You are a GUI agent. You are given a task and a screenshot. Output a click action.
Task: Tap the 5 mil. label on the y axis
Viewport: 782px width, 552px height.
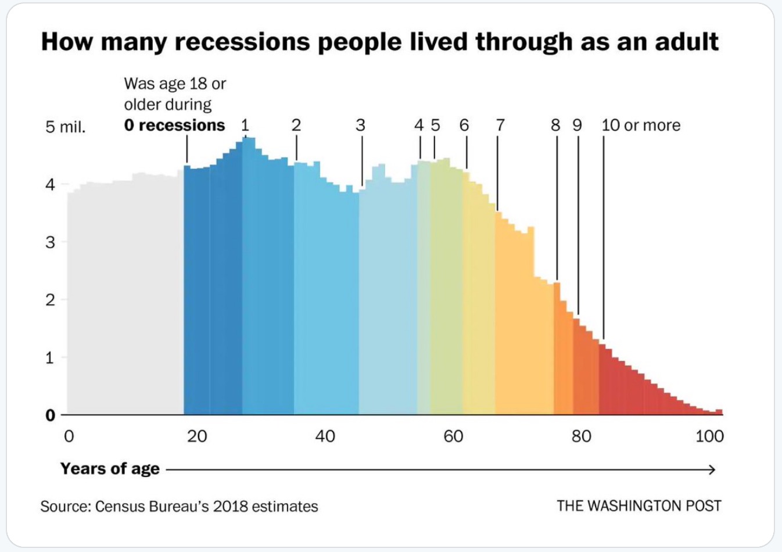click(x=65, y=127)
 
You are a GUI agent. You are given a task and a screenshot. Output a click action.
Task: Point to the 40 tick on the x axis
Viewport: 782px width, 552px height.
click(x=325, y=436)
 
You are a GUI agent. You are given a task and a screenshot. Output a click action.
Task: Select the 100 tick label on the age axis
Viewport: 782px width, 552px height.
click(x=709, y=436)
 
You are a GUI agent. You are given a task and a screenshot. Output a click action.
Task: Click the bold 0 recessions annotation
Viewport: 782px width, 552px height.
click(x=174, y=126)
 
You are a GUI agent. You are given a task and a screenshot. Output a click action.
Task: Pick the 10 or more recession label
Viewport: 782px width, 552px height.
click(x=641, y=126)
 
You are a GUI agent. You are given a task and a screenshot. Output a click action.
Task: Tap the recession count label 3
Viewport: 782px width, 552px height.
click(x=360, y=126)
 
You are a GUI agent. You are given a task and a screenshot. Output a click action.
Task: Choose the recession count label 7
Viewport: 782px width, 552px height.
click(x=500, y=126)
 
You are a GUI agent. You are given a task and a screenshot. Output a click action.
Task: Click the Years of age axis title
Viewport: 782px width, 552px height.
click(x=110, y=469)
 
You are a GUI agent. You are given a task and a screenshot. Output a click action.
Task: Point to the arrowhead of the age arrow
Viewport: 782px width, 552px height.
click(x=712, y=469)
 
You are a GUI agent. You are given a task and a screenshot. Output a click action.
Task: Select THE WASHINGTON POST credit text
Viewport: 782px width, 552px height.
click(x=638, y=506)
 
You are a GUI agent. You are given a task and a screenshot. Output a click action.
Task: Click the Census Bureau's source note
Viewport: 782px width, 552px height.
click(x=179, y=507)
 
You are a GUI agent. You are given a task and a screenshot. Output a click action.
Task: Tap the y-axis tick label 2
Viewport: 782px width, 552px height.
click(x=50, y=300)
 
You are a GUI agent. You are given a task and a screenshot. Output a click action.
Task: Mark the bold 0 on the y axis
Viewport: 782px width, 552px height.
click(x=50, y=415)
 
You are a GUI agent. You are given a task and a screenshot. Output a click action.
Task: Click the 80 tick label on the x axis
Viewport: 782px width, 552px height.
click(x=581, y=436)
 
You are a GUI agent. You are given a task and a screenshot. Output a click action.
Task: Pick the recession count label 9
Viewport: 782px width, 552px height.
click(x=577, y=126)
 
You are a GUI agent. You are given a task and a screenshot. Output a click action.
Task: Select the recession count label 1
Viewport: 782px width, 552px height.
click(x=245, y=126)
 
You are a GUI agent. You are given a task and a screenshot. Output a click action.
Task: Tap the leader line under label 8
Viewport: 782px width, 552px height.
click(x=557, y=209)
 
